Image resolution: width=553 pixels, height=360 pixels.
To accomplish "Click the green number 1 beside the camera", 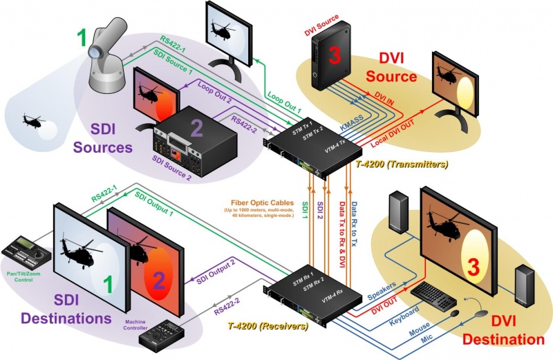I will tap(82, 38).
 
